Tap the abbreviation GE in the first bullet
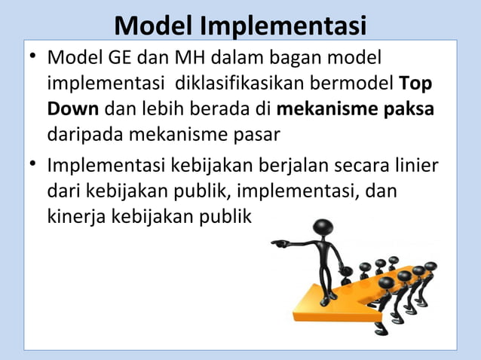tap(121, 58)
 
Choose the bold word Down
tap(73, 109)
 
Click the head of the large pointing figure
tap(323, 228)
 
